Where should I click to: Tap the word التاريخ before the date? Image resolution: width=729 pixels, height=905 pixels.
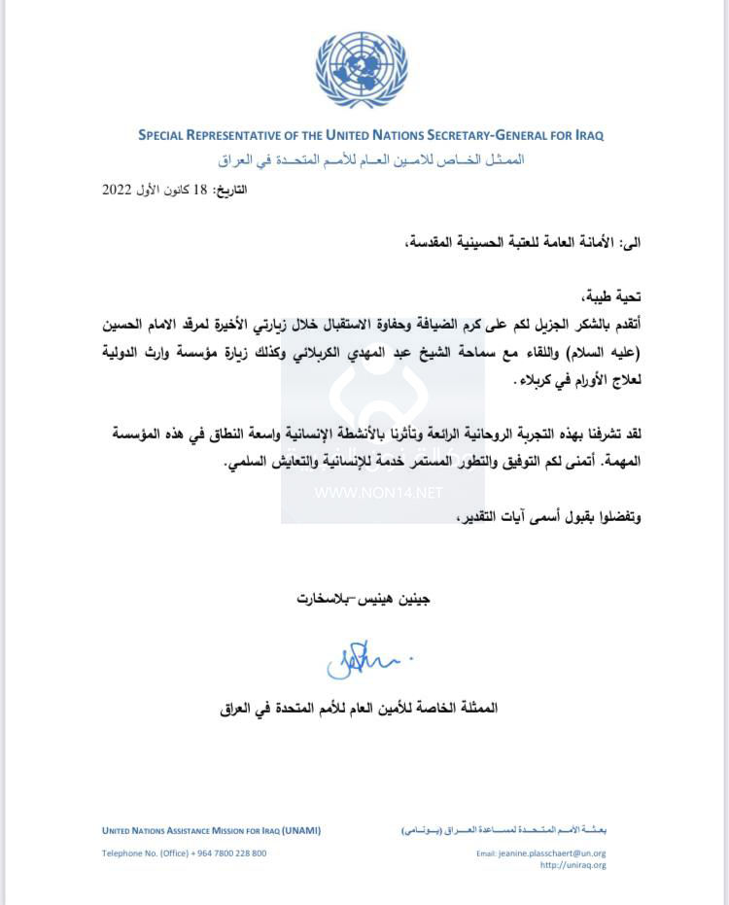click(230, 190)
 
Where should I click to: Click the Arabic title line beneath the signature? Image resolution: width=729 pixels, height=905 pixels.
click(360, 708)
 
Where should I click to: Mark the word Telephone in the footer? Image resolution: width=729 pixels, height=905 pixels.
click(124, 853)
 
